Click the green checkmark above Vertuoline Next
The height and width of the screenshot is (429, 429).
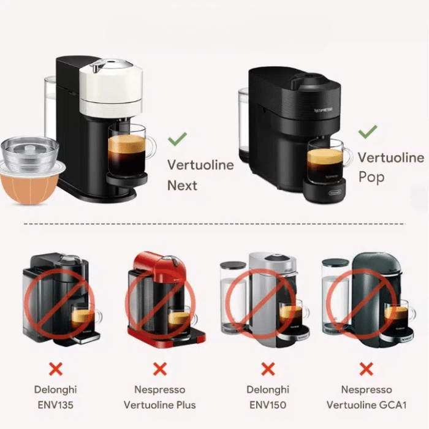click(x=177, y=139)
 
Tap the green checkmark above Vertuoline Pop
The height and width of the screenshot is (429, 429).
click(x=368, y=132)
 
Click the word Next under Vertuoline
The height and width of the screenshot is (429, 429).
click(x=182, y=186)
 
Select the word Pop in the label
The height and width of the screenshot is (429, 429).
click(x=371, y=177)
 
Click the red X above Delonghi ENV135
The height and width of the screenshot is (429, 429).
click(x=56, y=369)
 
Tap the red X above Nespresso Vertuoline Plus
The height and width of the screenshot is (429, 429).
click(x=160, y=369)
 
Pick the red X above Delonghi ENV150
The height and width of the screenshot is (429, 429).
click(x=268, y=369)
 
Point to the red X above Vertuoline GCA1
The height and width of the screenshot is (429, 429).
click(x=366, y=369)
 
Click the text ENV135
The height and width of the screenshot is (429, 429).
click(x=56, y=405)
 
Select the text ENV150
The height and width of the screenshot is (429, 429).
click(x=268, y=405)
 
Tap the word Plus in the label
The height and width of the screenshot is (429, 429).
click(x=186, y=405)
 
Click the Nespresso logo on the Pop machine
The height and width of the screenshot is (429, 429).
click(x=324, y=110)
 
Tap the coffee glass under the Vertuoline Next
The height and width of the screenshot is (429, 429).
click(x=129, y=150)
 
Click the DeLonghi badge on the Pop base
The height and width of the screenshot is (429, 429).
click(x=335, y=193)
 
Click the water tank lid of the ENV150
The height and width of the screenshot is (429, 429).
click(x=233, y=265)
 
